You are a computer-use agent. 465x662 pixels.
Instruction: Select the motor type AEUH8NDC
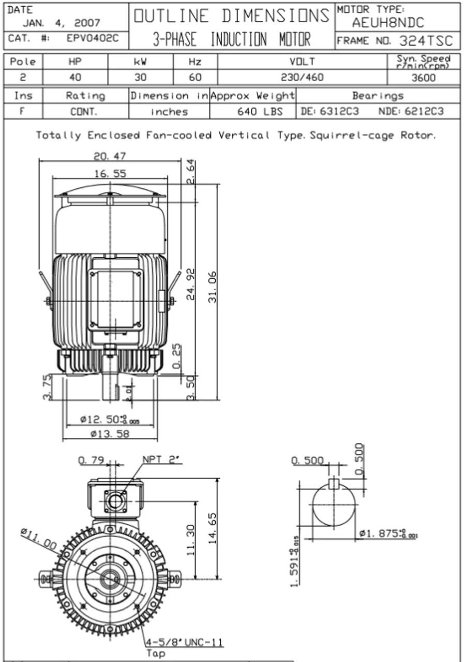pyautogui.click(x=388, y=22)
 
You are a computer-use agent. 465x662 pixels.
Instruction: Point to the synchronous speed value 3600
pyautogui.click(x=424, y=78)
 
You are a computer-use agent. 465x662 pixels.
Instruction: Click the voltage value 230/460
pyautogui.click(x=303, y=78)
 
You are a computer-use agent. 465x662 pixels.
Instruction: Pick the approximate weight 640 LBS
pyautogui.click(x=260, y=111)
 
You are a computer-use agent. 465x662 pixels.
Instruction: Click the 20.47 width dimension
pyautogui.click(x=109, y=156)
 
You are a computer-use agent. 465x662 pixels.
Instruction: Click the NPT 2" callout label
pyautogui.click(x=159, y=460)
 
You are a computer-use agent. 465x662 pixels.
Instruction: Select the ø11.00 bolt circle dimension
pyautogui.click(x=39, y=538)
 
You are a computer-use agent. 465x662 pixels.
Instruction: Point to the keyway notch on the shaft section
pyautogui.click(x=334, y=483)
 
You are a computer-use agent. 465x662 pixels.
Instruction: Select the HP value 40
pyautogui.click(x=76, y=78)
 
